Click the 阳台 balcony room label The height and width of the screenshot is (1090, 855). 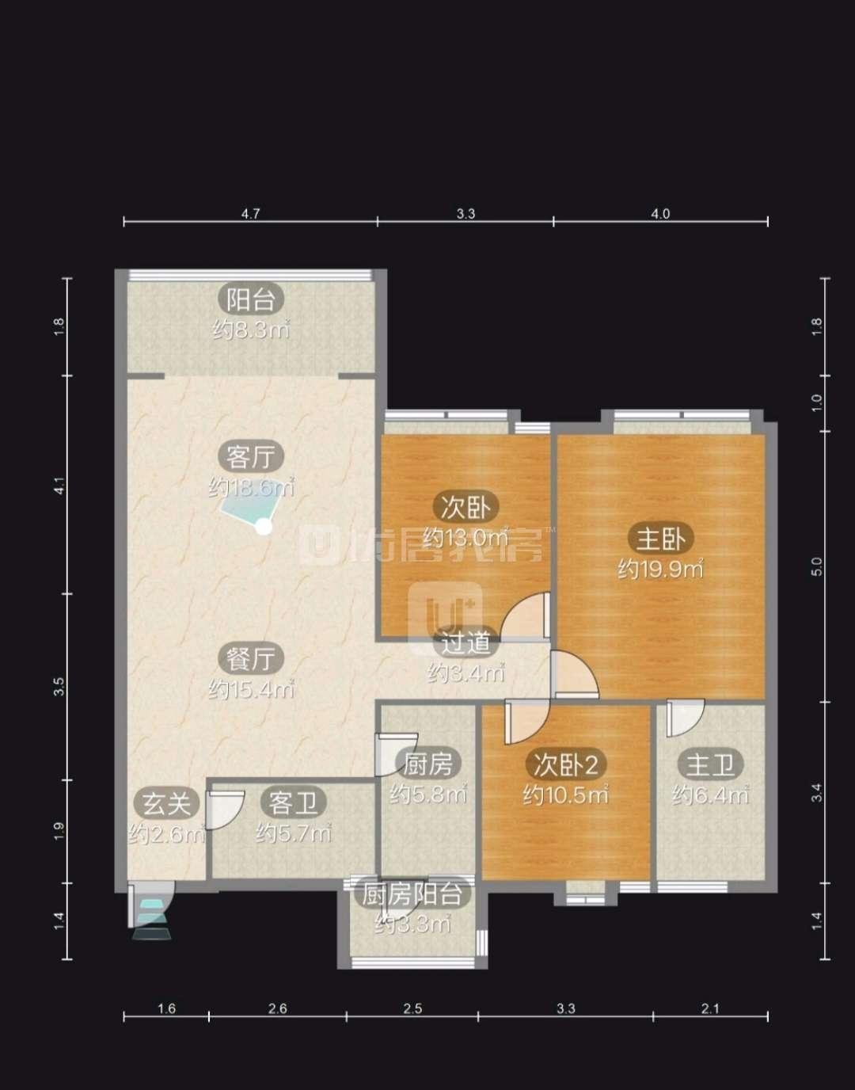tap(251, 300)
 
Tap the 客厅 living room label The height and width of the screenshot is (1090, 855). tap(251, 456)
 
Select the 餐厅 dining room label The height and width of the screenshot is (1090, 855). tap(251, 658)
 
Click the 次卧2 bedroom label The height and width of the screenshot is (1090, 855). tap(566, 764)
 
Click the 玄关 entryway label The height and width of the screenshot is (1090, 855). tap(166, 803)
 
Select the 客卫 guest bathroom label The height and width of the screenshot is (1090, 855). tap(293, 803)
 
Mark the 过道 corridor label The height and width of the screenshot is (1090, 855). tap(465, 642)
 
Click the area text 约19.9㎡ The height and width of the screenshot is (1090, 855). tap(660, 569)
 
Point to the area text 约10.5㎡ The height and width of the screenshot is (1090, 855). tap(566, 795)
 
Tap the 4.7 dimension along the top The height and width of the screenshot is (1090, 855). tap(251, 214)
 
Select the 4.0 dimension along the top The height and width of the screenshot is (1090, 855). tap(660, 214)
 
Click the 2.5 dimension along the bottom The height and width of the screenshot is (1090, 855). tap(412, 1008)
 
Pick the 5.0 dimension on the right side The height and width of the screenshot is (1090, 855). tap(816, 566)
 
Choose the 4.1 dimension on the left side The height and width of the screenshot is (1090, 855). tap(59, 486)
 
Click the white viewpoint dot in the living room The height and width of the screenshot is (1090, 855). tap(264, 527)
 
